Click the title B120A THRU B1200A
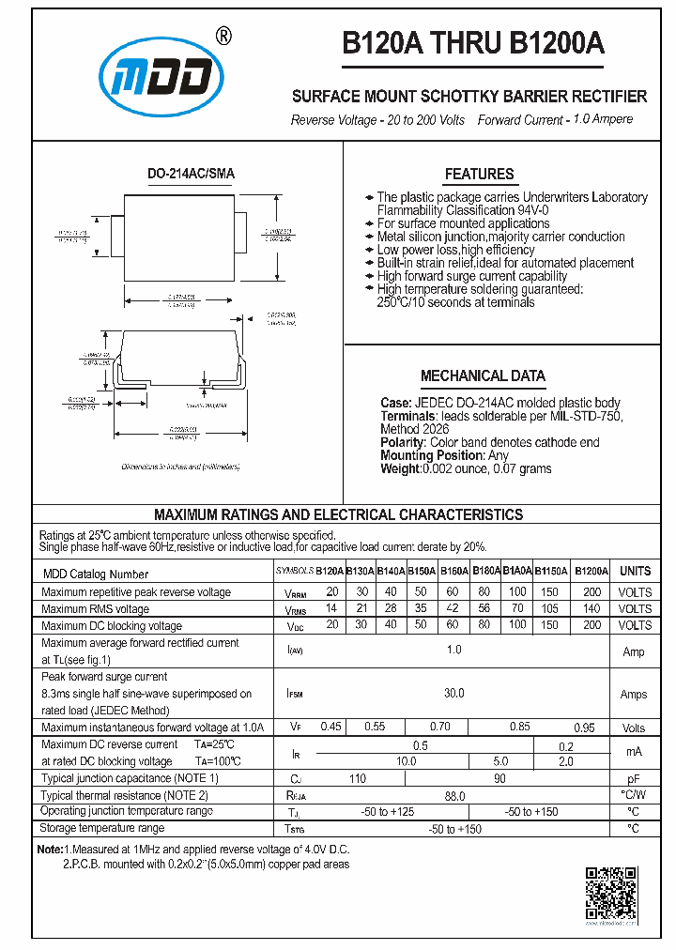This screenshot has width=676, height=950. point(472,44)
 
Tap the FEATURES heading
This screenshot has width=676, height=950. point(479,174)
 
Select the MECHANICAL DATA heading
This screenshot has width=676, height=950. point(483,375)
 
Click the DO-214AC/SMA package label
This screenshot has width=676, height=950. point(192,175)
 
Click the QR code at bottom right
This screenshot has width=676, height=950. point(611,892)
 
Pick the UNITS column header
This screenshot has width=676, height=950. point(635,571)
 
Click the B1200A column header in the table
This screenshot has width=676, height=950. point(591,571)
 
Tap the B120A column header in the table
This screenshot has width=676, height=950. point(330,571)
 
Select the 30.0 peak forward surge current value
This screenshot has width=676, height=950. point(453,694)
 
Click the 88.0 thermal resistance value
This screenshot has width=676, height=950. point(454,795)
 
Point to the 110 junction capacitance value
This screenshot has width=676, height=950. point(358,778)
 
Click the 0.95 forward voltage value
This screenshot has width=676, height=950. point(584,727)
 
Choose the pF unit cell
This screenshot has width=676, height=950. point(634,778)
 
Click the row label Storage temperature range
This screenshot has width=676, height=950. point(102,828)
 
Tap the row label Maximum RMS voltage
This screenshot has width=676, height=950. point(95,608)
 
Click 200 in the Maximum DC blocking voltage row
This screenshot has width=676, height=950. point(591,625)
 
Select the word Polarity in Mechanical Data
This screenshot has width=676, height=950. point(403,442)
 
